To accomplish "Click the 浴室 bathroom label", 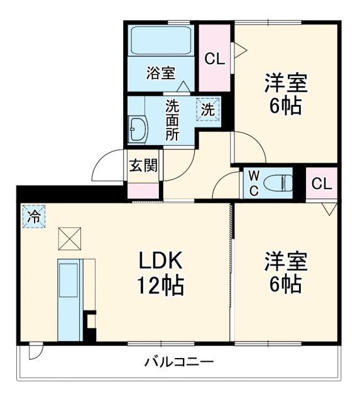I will (160, 73).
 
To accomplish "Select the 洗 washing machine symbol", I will (209, 108).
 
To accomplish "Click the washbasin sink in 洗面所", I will (138, 130).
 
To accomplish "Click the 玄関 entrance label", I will (143, 166).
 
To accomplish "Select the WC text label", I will (253, 183).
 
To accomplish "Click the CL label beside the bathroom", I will (214, 59).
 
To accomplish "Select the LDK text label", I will (160, 259).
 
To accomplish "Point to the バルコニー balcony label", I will (178, 362).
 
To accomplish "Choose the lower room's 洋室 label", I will (285, 259).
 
